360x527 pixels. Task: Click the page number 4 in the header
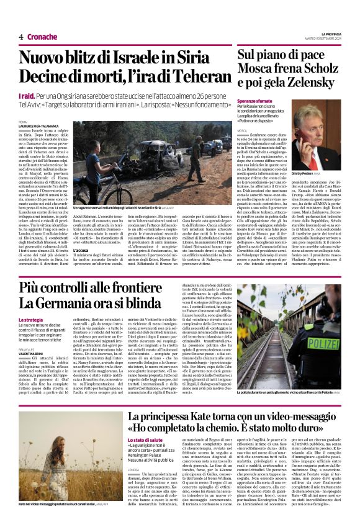click(x=20, y=37)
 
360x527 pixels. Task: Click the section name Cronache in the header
click(x=42, y=37)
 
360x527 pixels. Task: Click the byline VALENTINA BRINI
click(x=32, y=351)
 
